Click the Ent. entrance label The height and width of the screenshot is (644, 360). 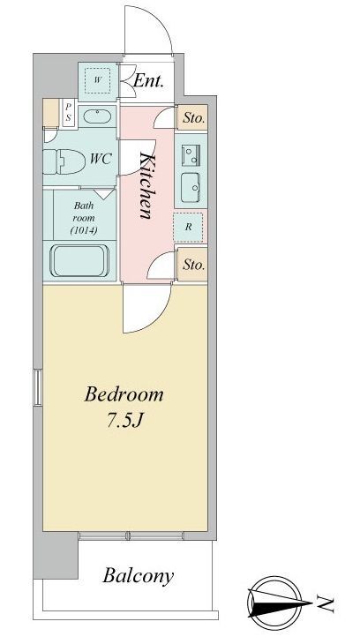coord(148,81)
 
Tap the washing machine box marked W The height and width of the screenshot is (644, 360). coord(97,80)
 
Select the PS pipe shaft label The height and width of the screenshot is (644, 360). coord(69,112)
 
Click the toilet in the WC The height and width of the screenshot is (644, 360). coord(64,161)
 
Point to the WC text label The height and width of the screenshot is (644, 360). coord(101,159)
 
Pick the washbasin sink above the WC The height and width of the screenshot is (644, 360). coord(97,116)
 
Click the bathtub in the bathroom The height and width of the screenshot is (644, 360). coord(79,261)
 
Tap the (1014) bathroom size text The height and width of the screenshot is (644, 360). coord(84,230)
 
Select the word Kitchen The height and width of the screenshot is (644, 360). coord(146,185)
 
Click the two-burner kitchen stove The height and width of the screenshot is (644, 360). coord(191,155)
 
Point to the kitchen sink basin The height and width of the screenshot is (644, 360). coord(191,187)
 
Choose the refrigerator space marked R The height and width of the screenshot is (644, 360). coord(188,227)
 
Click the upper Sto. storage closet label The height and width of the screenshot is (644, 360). coord(193,118)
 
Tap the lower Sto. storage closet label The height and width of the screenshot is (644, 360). coord(193,265)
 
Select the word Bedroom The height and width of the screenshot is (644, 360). coord(124,394)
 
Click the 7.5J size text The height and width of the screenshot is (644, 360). coord(124,421)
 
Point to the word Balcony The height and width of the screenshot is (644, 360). coord(138,577)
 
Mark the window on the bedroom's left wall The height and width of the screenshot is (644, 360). coord(38,387)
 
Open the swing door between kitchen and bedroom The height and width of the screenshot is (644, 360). coord(146,308)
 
